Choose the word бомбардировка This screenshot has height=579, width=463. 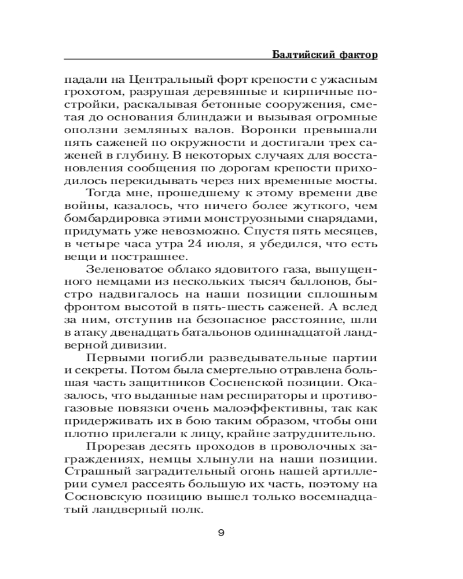click(108, 219)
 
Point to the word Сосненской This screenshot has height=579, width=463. click(259, 399)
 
